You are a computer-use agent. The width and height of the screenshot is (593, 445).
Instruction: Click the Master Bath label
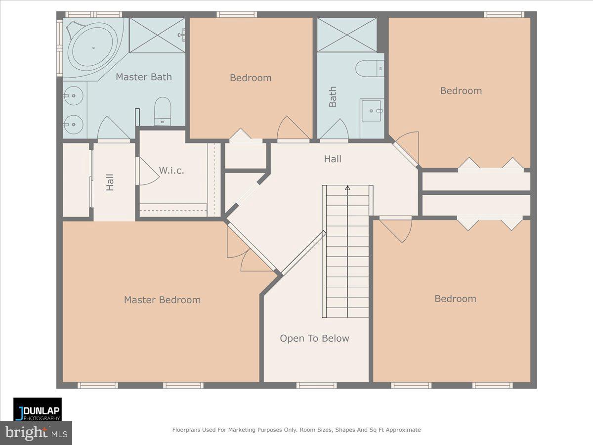pyautogui.click(x=144, y=77)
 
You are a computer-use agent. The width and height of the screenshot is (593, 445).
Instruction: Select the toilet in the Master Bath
pyautogui.click(x=163, y=110)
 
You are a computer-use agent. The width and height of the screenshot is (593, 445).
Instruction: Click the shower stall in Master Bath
pyautogui.click(x=157, y=35)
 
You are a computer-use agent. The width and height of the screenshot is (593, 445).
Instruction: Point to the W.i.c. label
pyautogui.click(x=171, y=171)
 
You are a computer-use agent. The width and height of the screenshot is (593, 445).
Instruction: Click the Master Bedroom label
pyautogui.click(x=162, y=300)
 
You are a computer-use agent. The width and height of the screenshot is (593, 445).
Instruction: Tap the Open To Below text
pyautogui.click(x=314, y=338)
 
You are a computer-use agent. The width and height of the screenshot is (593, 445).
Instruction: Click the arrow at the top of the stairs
pyautogui.click(x=347, y=188)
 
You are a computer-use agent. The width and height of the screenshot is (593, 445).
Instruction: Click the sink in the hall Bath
pyautogui.click(x=371, y=111)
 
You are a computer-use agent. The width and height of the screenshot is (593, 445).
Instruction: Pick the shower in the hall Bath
pyautogui.click(x=347, y=35)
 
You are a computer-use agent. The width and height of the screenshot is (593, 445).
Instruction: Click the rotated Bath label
pyautogui.click(x=333, y=97)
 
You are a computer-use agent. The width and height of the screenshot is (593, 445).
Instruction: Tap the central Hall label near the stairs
pyautogui.click(x=333, y=159)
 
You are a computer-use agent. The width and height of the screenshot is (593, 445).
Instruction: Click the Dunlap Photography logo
pyautogui.click(x=38, y=409)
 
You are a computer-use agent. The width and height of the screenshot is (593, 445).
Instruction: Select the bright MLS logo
pyautogui.click(x=36, y=433)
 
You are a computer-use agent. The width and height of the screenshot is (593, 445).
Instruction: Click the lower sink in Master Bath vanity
pyautogui.click(x=73, y=122)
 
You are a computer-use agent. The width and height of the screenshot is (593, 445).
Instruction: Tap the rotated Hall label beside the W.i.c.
pyautogui.click(x=110, y=182)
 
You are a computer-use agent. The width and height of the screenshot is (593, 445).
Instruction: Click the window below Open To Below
pyautogui.click(x=316, y=385)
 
